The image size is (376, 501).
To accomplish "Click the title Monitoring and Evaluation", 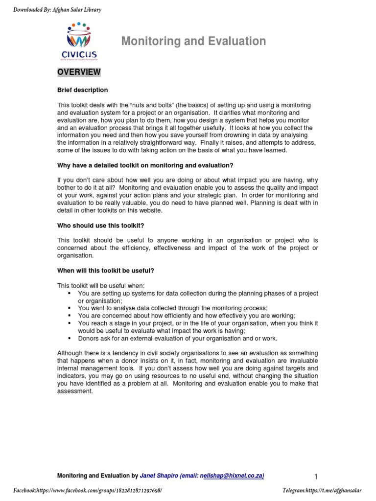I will pyautogui.click(x=193, y=42).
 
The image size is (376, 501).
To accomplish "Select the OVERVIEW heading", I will pyautogui.click(x=79, y=72).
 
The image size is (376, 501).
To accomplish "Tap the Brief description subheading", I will pyautogui.click(x=82, y=90).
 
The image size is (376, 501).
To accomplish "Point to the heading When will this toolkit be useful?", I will pyautogui.click(x=107, y=271).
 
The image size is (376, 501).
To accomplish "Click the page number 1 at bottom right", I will pyautogui.click(x=316, y=476).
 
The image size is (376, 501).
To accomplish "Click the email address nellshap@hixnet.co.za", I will pyautogui.click(x=229, y=475).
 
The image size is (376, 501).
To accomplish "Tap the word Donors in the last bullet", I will pyautogui.click(x=89, y=338).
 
